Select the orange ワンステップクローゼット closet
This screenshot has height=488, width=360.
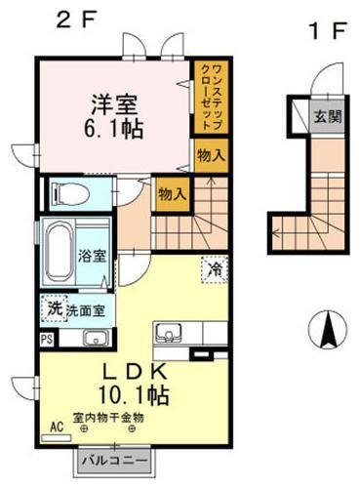point(208,95)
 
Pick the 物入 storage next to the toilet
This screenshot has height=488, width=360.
point(172,193)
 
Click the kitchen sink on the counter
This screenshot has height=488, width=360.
point(170,333)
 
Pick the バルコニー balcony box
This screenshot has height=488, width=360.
point(113,458)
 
